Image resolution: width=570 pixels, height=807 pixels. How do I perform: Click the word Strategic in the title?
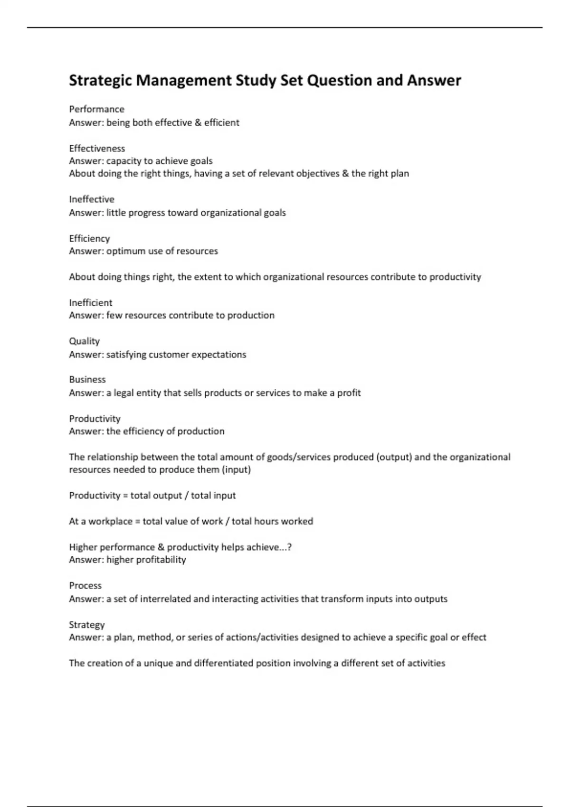click(x=100, y=81)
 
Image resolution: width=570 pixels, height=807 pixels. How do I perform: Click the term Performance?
click(x=96, y=109)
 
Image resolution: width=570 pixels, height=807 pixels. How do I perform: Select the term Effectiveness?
click(x=97, y=148)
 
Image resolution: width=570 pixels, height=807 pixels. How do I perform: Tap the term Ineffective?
click(x=92, y=199)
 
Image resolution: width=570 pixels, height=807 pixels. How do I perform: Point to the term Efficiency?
click(x=89, y=238)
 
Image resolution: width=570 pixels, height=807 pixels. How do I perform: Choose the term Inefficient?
click(x=91, y=302)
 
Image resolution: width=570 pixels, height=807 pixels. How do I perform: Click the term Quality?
click(x=84, y=341)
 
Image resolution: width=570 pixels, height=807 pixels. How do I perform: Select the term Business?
click(x=87, y=379)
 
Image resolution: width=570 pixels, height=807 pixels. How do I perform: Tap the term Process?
click(x=85, y=585)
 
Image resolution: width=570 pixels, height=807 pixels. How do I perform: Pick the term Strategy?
click(x=86, y=625)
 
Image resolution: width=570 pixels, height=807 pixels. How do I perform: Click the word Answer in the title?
click(x=434, y=81)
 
